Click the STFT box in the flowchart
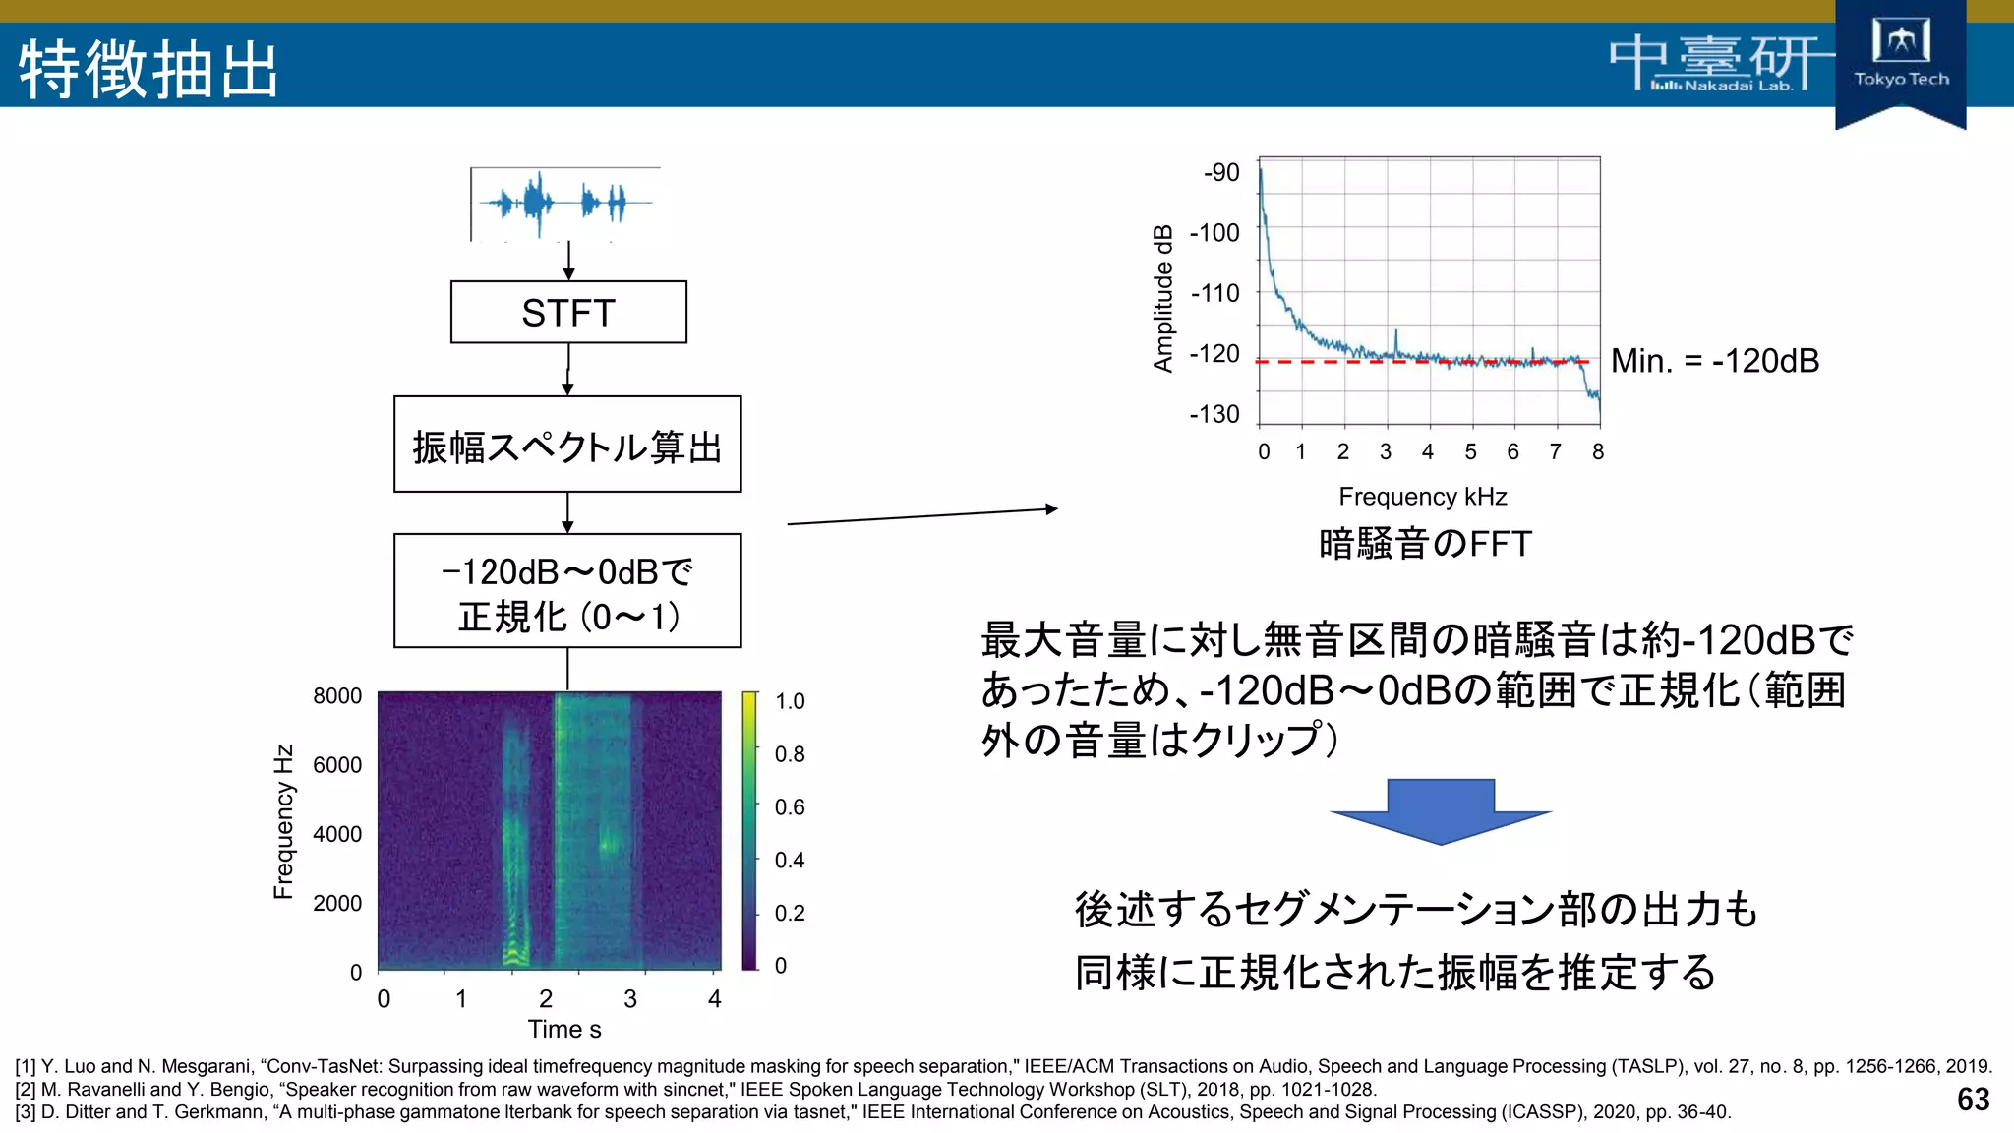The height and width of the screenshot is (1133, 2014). point(568,313)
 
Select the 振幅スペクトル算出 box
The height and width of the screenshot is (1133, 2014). point(567,445)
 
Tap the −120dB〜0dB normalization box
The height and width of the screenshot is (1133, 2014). point(567,591)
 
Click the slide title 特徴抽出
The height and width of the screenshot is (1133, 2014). point(148,69)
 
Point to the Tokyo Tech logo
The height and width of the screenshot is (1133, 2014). point(1900,59)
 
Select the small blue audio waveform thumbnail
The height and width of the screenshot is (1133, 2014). point(565,204)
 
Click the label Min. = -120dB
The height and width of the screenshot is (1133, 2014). point(1715,361)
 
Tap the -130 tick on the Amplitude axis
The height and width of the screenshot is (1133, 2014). point(1214,414)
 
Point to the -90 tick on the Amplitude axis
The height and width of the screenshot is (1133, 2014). point(1221,172)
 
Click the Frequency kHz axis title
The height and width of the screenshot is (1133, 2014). point(1422,497)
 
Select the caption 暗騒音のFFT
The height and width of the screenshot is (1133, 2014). point(1425,544)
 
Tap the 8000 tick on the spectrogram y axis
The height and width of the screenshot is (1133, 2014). point(337,696)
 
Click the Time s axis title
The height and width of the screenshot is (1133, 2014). point(564,1029)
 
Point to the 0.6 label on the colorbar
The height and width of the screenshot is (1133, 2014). point(790,807)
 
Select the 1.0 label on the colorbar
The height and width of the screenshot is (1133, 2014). point(790,701)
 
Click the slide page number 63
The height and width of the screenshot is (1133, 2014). point(1973,1099)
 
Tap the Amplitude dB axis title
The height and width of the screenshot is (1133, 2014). point(1163,298)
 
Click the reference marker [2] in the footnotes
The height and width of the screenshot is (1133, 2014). point(26,1090)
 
